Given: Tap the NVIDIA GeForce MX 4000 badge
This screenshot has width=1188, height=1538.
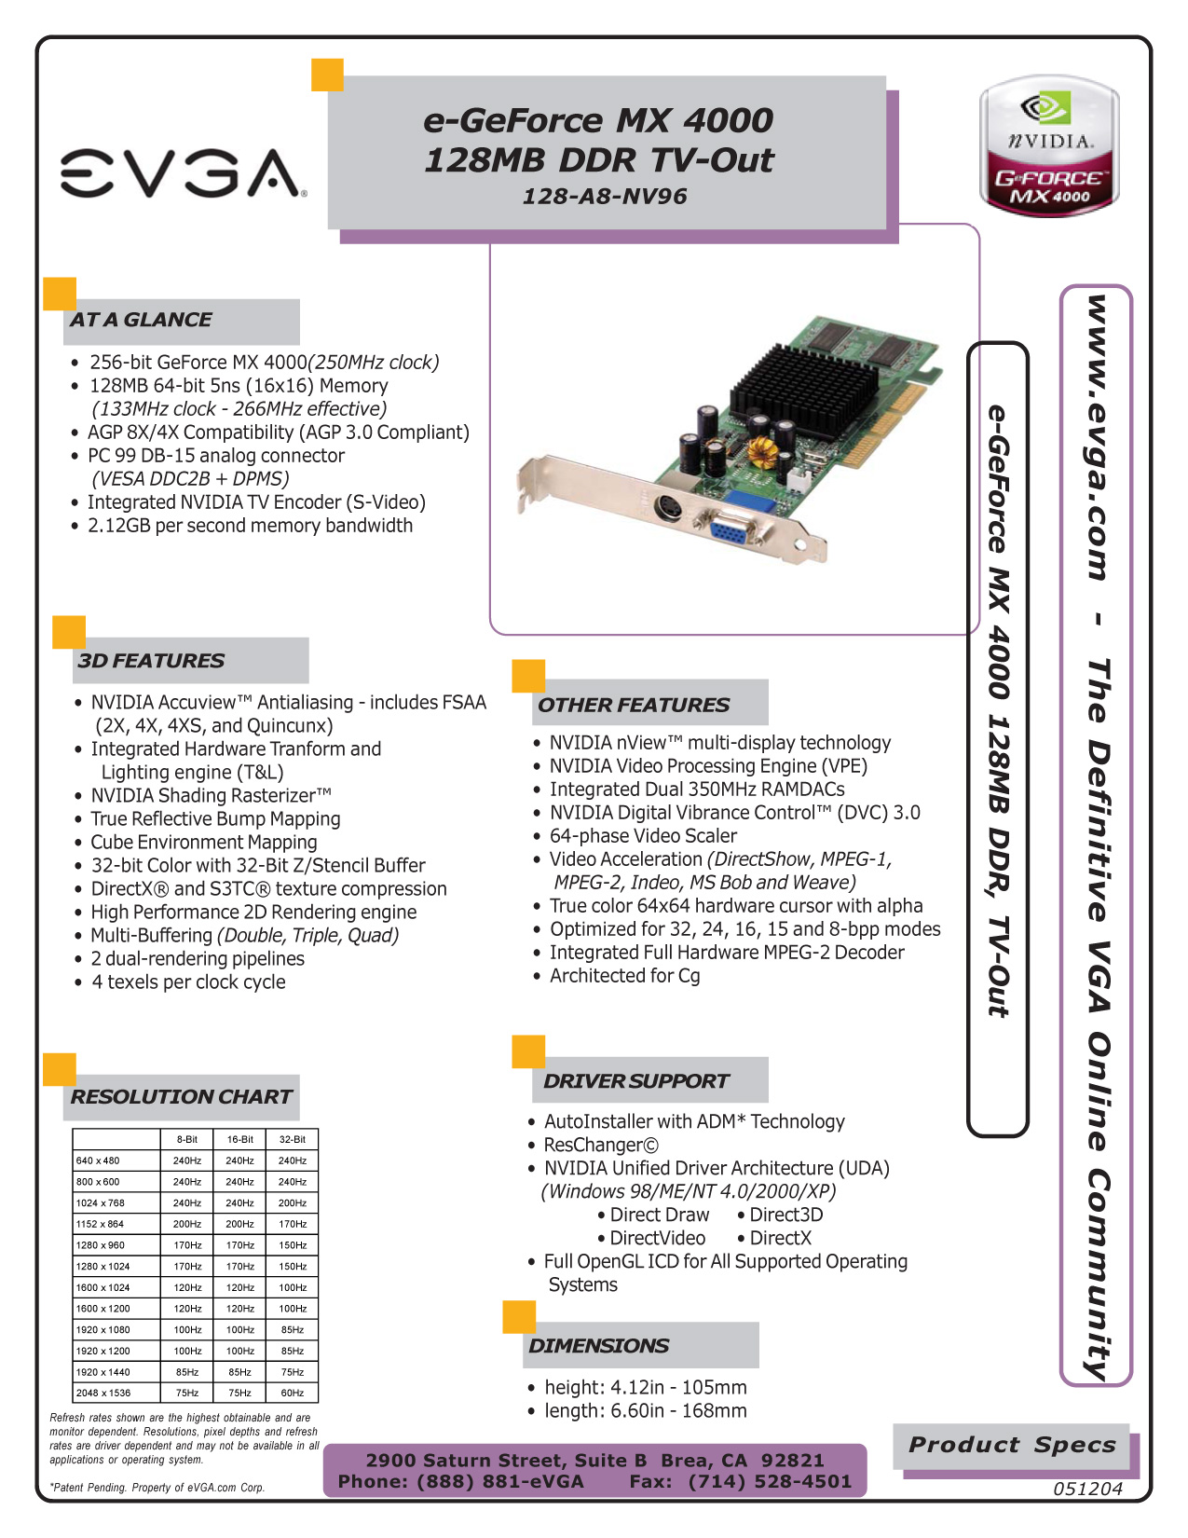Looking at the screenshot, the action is [1048, 145].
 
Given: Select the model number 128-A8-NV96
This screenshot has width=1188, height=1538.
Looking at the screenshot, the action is [605, 196].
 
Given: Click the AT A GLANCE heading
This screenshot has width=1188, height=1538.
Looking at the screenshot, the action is [141, 319].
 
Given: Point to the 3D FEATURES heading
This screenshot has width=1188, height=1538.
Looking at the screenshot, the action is [151, 660].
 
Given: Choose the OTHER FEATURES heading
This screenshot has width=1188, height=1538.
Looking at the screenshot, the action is [634, 705].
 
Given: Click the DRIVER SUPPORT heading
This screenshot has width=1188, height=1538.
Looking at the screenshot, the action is [635, 1080].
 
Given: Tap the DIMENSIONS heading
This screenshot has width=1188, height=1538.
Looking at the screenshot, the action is [598, 1345].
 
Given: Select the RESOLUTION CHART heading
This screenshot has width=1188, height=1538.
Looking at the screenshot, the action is [181, 1096].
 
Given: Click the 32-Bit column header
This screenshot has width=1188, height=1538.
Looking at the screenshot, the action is [293, 1139].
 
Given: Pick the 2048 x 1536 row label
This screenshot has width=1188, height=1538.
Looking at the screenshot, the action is [103, 1393].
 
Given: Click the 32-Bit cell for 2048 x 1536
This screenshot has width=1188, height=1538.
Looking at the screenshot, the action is [293, 1393].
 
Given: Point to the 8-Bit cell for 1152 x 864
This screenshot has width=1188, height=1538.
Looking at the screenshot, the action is [187, 1224].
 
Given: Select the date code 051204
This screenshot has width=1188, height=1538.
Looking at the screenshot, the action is [1087, 1489].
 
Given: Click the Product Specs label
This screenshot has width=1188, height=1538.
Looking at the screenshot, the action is [1012, 1445].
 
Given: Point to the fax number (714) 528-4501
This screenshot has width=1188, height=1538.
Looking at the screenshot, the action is [770, 1481].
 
